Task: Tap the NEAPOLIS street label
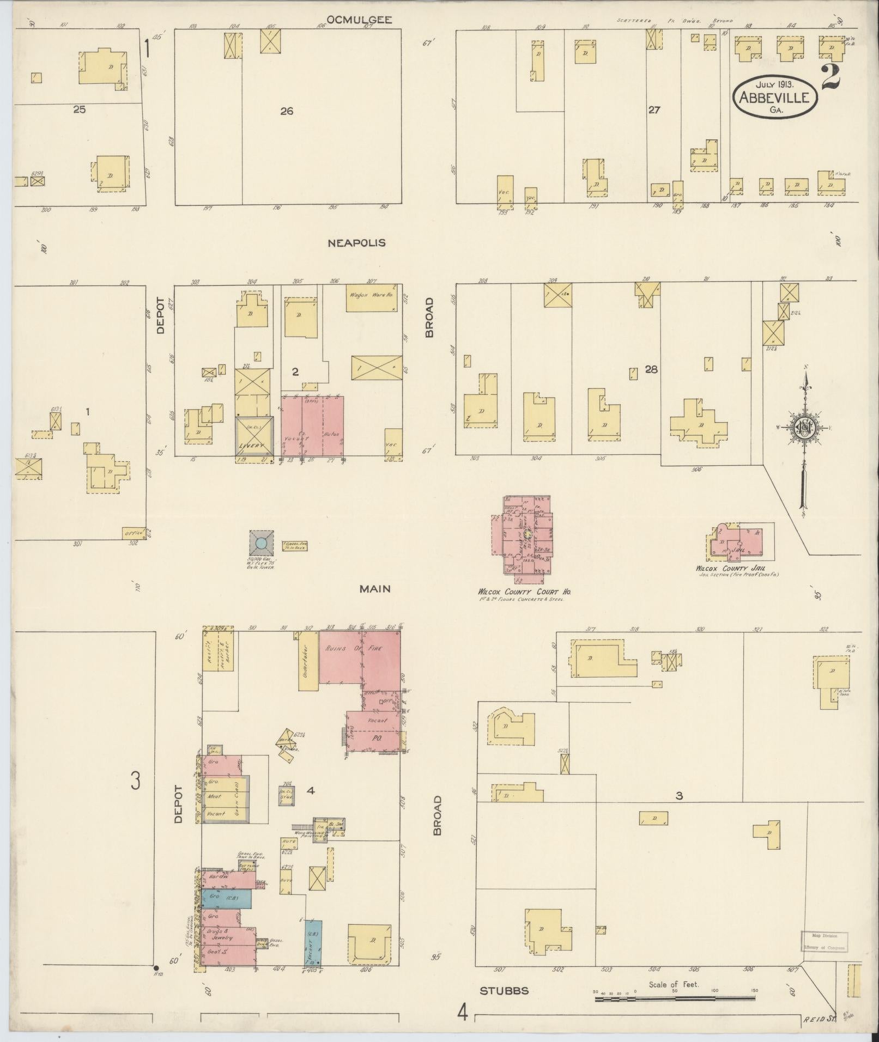tap(356, 243)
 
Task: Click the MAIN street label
tap(375, 588)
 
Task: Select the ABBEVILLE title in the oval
tap(777, 98)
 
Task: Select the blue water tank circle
tap(262, 543)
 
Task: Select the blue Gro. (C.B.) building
tap(226, 896)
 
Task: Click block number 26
tap(287, 112)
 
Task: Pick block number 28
tap(651, 369)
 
